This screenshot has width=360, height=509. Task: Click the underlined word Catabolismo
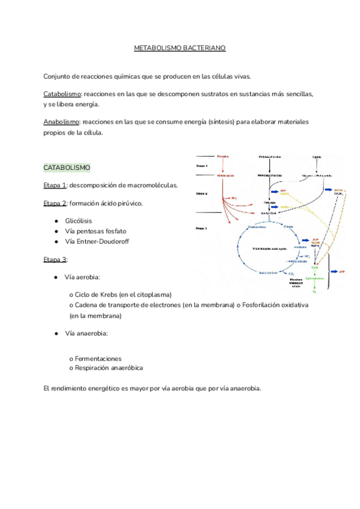click(62, 95)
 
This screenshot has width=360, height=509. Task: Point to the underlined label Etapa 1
click(55, 184)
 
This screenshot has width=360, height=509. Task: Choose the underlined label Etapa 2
click(55, 203)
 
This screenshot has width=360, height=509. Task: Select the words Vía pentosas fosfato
click(96, 231)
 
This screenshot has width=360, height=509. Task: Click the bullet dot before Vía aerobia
click(55, 277)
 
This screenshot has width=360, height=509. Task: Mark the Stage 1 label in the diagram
click(202, 166)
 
